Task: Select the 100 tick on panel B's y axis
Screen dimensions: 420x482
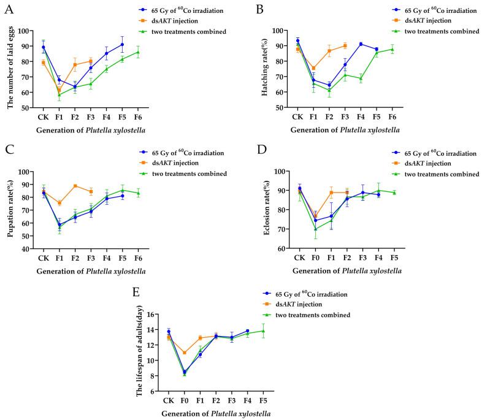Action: point(277,31)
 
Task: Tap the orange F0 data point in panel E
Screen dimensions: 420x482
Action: point(184,353)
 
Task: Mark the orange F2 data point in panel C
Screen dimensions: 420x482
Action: point(75,186)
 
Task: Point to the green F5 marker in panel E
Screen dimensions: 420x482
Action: point(263,331)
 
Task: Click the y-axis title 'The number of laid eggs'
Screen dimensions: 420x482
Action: point(10,69)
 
